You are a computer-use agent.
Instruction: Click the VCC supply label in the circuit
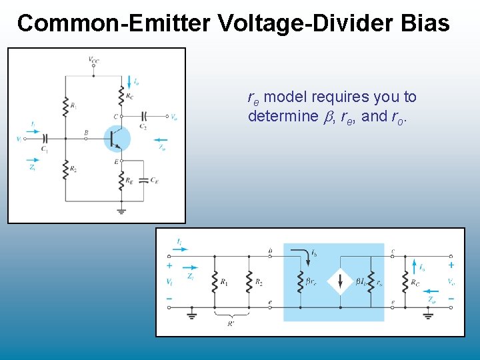pyautogui.click(x=93, y=59)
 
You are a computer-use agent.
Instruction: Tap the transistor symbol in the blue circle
pyautogui.click(x=117, y=138)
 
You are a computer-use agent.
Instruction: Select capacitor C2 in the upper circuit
pyautogui.click(x=145, y=117)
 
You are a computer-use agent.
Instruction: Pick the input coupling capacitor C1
pyautogui.click(x=45, y=139)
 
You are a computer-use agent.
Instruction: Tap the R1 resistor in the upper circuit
pyautogui.click(x=65, y=105)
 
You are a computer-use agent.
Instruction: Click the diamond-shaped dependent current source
pyautogui.click(x=340, y=282)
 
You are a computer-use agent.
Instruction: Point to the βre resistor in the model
pyautogui.click(x=300, y=282)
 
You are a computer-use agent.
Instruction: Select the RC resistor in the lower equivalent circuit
pyautogui.click(x=405, y=282)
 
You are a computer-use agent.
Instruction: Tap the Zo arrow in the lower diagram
pyautogui.click(x=434, y=291)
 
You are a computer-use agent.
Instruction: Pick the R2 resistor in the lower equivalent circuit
pyautogui.click(x=248, y=282)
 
